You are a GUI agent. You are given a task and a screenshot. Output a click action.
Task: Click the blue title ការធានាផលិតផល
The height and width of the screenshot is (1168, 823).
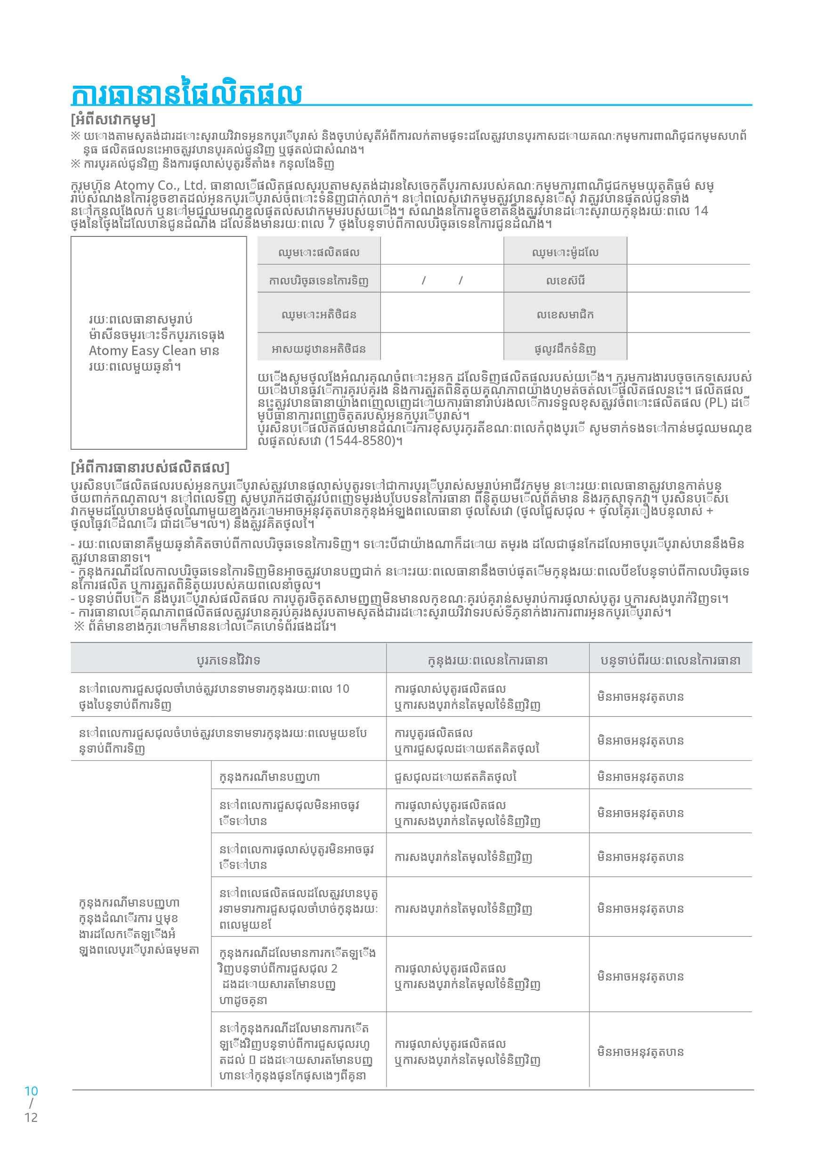186,93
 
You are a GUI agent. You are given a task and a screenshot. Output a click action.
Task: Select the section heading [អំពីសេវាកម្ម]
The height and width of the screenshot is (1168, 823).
113,120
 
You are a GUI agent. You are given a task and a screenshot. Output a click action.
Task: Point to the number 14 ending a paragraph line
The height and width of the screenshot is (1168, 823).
701,211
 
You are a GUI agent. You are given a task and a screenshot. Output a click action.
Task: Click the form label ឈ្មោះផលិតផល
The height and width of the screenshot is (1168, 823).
318,252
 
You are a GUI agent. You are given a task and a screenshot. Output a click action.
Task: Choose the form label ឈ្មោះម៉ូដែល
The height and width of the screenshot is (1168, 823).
565,252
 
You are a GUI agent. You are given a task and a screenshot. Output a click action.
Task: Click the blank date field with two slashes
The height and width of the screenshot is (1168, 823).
442,280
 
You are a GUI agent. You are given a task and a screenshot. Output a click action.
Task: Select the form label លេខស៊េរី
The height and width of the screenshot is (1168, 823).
565,280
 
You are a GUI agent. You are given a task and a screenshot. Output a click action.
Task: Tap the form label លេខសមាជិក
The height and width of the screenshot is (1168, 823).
565,315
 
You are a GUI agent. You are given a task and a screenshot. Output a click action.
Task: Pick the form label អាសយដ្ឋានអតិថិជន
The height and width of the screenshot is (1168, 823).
318,349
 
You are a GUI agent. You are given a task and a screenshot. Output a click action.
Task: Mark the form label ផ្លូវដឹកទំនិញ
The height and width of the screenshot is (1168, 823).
565,349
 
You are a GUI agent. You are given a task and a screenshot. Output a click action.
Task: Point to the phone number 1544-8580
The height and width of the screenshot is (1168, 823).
361,440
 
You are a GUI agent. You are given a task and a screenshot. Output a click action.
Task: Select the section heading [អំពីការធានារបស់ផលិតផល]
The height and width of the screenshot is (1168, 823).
150,467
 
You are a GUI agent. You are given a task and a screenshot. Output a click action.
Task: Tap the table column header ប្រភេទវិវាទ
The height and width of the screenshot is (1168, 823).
228,660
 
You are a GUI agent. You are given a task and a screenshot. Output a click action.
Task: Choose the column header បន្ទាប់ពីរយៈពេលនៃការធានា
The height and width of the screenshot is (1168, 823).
670,660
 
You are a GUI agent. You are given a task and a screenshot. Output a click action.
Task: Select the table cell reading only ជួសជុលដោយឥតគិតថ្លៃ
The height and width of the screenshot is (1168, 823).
455,777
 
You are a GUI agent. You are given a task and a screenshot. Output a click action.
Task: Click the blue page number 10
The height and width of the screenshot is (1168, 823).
31,1091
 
